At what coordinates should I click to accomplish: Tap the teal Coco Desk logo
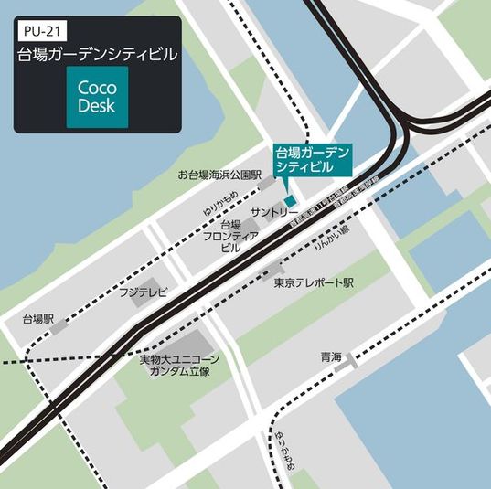(96, 97)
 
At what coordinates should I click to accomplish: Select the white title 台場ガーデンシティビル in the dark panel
(98, 55)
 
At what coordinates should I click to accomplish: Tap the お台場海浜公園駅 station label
(219, 175)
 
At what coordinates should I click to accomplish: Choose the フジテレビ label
(143, 292)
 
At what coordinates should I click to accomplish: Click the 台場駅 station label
(38, 321)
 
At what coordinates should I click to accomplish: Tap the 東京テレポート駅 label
(313, 283)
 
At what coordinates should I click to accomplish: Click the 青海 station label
(331, 356)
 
